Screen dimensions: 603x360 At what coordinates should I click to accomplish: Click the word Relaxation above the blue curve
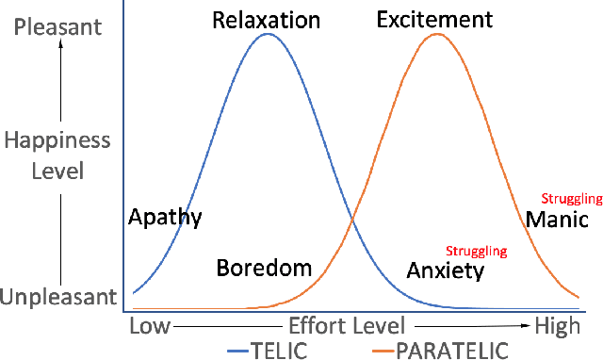[267, 19]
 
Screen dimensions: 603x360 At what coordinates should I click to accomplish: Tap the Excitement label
[434, 19]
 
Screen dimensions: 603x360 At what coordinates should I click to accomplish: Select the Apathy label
[165, 218]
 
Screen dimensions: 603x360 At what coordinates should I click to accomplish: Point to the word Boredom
[264, 268]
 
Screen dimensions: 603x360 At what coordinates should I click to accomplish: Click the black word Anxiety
[445, 271]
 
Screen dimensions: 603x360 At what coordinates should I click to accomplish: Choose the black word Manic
[557, 220]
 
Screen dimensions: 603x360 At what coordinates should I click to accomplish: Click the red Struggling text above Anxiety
[476, 252]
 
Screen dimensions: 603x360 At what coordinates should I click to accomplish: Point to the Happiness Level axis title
[58, 155]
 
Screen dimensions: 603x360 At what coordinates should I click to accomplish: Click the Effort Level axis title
[348, 326]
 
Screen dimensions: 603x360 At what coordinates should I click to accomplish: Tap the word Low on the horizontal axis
[149, 326]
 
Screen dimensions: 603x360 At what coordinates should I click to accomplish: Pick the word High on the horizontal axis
[557, 326]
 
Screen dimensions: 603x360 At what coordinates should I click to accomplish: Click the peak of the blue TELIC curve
[269, 35]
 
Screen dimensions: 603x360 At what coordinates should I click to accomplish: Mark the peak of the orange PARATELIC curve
[436, 35]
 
